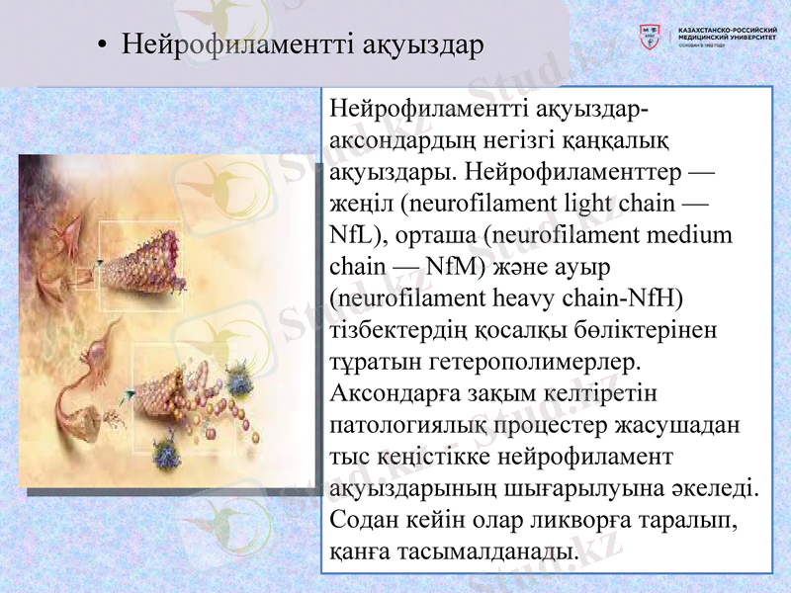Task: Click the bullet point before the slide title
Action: click(102, 46)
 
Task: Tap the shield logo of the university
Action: click(650, 38)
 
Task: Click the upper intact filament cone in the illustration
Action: click(147, 257)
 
